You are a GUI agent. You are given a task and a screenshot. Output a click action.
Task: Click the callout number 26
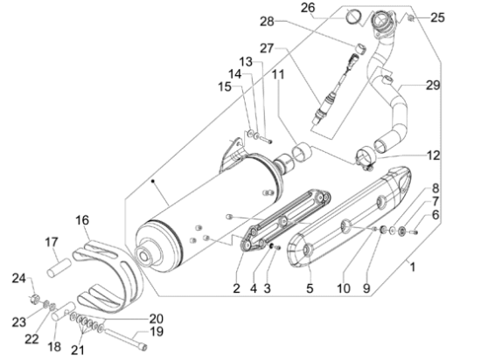pyautogui.click(x=308, y=7)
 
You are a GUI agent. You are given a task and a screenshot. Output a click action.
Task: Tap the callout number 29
pyautogui.click(x=433, y=85)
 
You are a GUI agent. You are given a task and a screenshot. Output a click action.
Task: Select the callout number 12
pyautogui.click(x=434, y=156)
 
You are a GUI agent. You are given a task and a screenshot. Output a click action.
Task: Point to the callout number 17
pyautogui.click(x=52, y=242)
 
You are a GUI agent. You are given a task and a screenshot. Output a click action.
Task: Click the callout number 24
pyautogui.click(x=19, y=279)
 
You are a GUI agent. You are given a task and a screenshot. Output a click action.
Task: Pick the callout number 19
pyautogui.click(x=157, y=331)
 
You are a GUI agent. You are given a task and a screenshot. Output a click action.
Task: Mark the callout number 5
pyautogui.click(x=310, y=288)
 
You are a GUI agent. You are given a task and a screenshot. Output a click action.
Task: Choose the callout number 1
pyautogui.click(x=413, y=267)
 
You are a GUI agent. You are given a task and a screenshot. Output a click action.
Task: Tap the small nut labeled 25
pyautogui.click(x=411, y=18)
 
